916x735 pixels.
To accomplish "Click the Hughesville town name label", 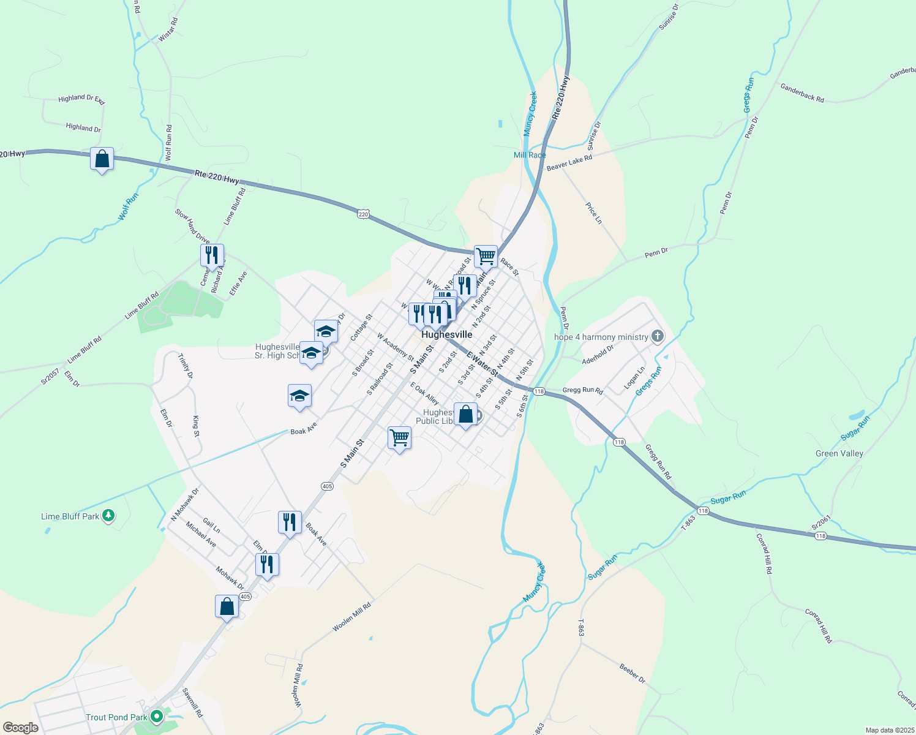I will pos(447,334).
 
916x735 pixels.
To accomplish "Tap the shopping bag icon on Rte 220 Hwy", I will pos(102,159).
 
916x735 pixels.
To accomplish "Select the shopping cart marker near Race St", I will pos(486,257).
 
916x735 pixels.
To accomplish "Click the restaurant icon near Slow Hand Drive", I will pos(212,255).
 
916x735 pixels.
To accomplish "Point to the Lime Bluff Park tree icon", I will pos(108,516).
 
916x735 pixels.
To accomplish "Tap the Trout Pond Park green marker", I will pos(157,716).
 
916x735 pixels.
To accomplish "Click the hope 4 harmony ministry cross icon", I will pos(657,336).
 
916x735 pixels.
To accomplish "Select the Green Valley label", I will pos(839,453).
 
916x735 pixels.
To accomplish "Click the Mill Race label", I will pos(529,155).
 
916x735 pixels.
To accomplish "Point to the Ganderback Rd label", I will pos(802,93).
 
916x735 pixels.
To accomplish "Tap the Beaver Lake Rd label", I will pos(569,163).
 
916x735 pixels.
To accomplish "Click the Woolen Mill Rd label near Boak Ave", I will pos(352,617).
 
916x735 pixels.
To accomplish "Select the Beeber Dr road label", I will pos(632,673).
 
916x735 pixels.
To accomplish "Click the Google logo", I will pos(21,728).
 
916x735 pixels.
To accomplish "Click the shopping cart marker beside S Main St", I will pos(399,438).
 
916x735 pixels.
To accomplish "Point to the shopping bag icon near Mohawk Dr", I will pos(227,606).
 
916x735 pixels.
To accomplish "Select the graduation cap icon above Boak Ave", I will pos(299,396).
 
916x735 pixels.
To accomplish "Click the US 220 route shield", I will pos(364,214).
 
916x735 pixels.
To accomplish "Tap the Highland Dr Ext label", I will pos(81,99).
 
